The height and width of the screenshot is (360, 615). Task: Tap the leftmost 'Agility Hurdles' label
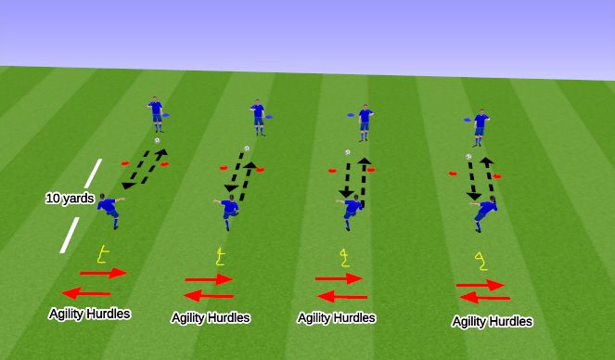click(90, 314)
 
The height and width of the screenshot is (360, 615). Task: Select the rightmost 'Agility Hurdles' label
click(492, 321)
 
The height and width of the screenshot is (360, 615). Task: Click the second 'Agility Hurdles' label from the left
click(211, 317)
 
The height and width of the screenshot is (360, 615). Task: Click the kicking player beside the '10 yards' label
click(109, 211)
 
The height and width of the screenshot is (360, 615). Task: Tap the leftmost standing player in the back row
click(156, 114)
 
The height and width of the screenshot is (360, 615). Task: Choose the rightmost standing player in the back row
click(480, 127)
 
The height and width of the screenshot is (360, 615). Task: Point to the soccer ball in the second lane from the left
click(247, 148)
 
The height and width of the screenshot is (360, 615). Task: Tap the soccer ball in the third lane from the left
click(347, 152)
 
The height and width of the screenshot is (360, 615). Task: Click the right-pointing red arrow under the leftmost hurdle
click(103, 273)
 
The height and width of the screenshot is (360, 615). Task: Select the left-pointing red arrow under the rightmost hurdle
click(484, 298)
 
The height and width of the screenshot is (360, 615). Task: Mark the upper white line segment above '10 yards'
click(94, 174)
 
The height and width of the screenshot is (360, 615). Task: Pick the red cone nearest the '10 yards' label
click(124, 163)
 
